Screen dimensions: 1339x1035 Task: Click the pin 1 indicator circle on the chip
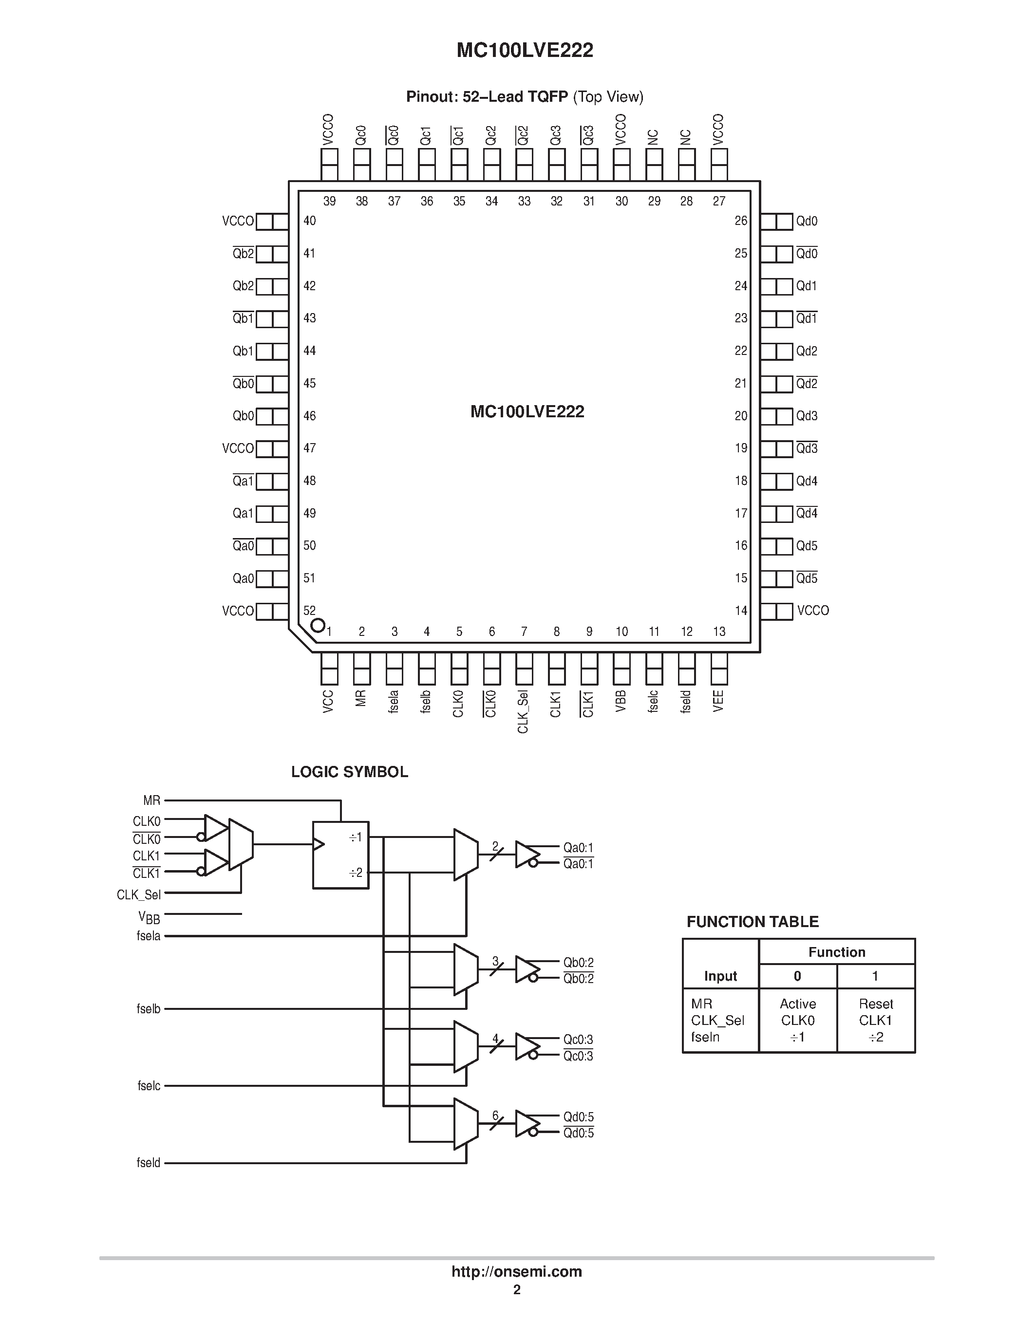(318, 625)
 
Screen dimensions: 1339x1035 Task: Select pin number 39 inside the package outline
(329, 201)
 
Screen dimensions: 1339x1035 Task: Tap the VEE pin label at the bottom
(718, 701)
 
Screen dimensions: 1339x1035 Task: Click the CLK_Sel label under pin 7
(523, 711)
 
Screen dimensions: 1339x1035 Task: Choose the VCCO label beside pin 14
(812, 611)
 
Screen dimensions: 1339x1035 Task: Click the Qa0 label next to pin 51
(243, 578)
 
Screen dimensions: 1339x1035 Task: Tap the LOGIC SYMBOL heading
(350, 772)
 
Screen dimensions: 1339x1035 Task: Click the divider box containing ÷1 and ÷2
(340, 855)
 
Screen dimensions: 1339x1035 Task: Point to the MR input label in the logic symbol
(151, 800)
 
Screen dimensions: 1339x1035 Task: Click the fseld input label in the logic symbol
(149, 1162)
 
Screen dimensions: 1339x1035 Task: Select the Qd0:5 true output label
(578, 1117)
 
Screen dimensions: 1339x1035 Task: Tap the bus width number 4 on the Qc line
(495, 1039)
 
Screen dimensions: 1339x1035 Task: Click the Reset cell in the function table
(876, 1004)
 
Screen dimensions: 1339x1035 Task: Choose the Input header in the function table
(720, 976)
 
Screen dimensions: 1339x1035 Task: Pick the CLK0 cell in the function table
(798, 1020)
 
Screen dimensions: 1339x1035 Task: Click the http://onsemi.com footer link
(516, 1271)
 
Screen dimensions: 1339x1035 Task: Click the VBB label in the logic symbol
(149, 917)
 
